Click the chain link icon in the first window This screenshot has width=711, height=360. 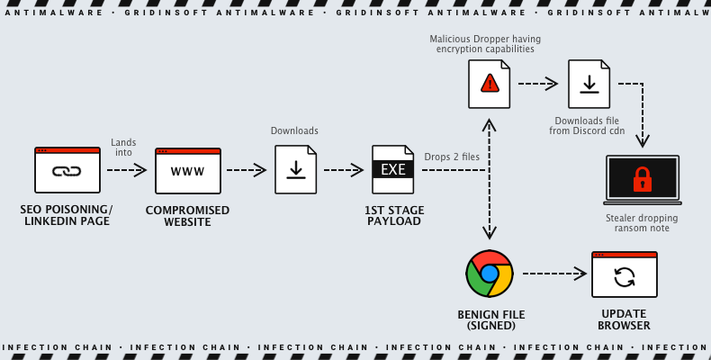click(67, 172)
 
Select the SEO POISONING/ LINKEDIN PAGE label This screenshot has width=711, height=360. click(67, 215)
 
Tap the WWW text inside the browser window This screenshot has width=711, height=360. click(187, 172)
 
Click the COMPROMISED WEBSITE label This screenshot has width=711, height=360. click(187, 215)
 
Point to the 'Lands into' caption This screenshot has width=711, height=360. click(123, 148)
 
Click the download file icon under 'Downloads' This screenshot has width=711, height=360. click(295, 169)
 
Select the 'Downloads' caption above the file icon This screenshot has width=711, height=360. click(294, 131)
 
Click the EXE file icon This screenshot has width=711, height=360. click(393, 169)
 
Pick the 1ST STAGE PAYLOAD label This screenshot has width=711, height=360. click(393, 215)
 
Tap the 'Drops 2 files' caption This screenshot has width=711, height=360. click(453, 157)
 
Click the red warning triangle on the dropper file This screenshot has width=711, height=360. click(489, 84)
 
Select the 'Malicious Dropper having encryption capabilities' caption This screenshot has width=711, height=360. click(485, 44)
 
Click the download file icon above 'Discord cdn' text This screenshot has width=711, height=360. click(589, 84)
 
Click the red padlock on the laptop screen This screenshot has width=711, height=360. click(642, 178)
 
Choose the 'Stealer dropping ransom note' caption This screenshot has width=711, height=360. click(642, 223)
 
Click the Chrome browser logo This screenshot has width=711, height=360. click(490, 274)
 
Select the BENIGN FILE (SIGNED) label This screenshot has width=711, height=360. click(490, 319)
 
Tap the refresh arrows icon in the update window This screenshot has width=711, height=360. click(625, 276)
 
